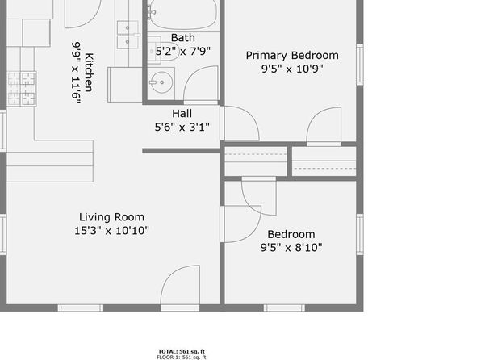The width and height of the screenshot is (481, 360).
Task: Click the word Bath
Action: click(x=182, y=37)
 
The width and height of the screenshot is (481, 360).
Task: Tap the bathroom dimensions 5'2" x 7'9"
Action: click(x=182, y=51)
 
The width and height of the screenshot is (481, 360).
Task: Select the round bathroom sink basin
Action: click(x=160, y=82)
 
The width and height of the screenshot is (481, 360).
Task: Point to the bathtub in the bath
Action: click(x=183, y=15)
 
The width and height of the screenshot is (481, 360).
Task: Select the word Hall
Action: click(x=182, y=113)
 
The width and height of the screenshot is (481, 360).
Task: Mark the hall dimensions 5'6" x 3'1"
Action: click(x=182, y=127)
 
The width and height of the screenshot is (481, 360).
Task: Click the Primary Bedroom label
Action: click(x=292, y=55)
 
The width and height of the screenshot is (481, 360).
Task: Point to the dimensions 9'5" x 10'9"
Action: click(x=292, y=69)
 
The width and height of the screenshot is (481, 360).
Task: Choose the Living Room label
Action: click(x=111, y=216)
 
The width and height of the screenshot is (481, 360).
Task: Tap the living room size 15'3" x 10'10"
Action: click(x=111, y=230)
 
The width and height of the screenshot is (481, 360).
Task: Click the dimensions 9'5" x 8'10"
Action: click(x=291, y=248)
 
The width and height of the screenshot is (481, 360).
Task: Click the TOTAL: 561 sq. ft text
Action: click(x=181, y=350)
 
